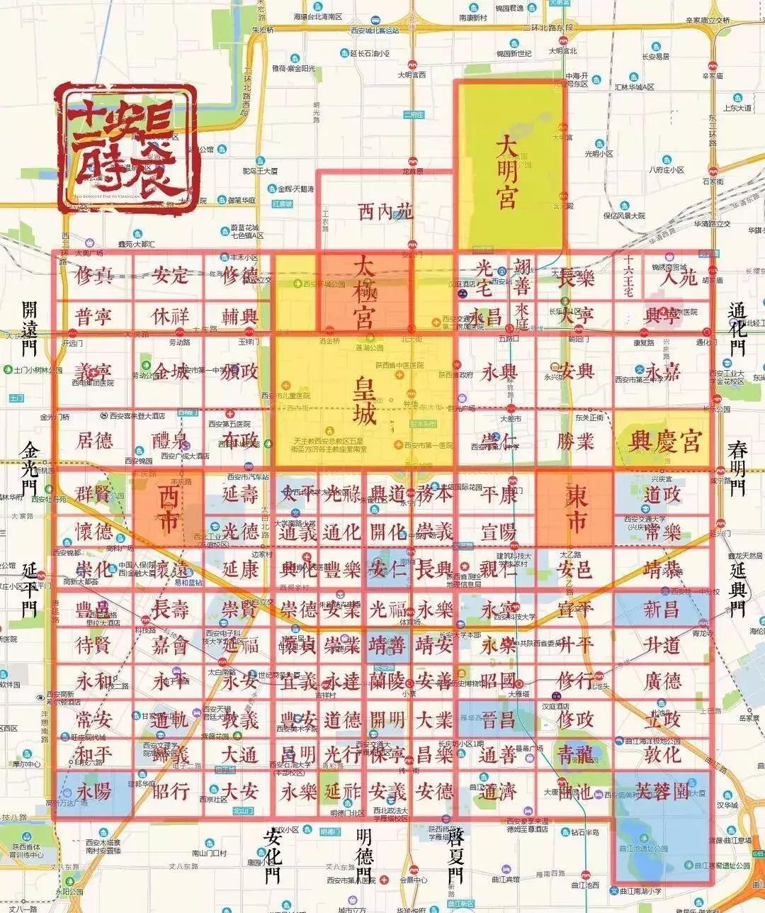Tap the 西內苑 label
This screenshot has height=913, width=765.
point(385,211)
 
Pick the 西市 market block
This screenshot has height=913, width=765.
point(168,508)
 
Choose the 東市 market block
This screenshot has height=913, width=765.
point(575,508)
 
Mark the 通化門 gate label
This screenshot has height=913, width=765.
point(738,328)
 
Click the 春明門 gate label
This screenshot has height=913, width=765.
point(738,468)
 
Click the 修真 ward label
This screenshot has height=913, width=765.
point(93,275)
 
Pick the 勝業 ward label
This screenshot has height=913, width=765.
point(575,441)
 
